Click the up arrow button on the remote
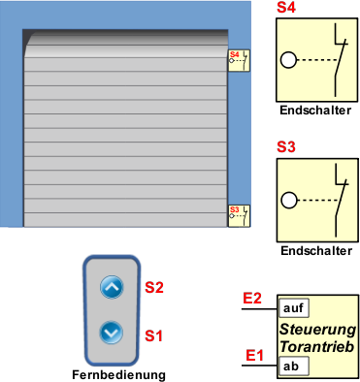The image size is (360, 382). (x=112, y=287)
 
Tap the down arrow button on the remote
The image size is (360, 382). (x=112, y=333)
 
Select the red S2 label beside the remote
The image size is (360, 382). (x=154, y=287)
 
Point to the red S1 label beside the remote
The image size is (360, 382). (x=153, y=335)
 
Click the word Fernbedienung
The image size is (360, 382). (x=118, y=375)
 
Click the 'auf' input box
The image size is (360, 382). (x=294, y=308)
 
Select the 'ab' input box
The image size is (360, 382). (x=294, y=366)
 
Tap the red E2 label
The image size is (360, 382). (x=252, y=298)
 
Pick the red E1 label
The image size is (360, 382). (x=254, y=356)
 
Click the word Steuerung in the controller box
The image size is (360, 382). (x=317, y=330)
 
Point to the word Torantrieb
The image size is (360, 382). (x=317, y=346)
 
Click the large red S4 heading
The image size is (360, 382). (x=286, y=7)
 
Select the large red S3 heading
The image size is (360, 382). (x=286, y=146)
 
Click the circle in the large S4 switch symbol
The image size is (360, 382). (x=288, y=60)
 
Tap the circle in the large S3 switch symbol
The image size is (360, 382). (x=289, y=201)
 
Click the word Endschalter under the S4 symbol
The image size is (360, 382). (x=315, y=111)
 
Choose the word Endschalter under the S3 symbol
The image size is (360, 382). (x=316, y=251)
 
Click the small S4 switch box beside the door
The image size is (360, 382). (x=239, y=60)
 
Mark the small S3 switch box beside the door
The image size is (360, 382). (x=239, y=216)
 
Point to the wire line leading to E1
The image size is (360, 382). (x=260, y=366)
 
